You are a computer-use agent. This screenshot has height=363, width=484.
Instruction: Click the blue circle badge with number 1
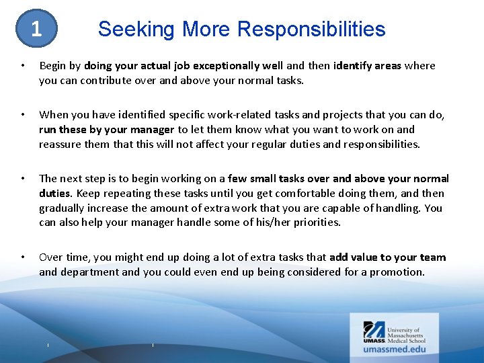coord(36,30)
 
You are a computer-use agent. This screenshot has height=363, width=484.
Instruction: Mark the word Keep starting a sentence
coord(89,194)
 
